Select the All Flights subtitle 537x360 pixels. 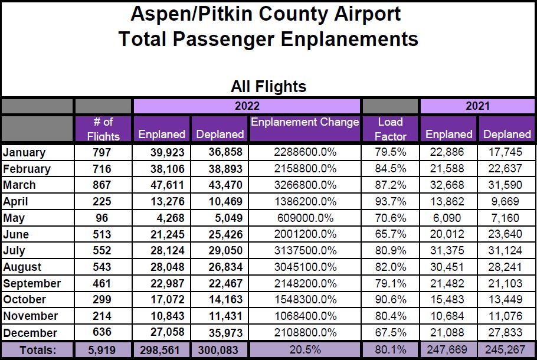[268, 87]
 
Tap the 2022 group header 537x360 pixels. [247, 106]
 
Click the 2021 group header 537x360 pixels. [477, 106]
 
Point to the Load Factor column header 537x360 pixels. [390, 129]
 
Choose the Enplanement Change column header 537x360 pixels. [304, 122]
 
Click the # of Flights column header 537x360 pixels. [103, 129]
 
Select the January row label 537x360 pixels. [24, 152]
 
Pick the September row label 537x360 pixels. [32, 283]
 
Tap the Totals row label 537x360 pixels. [37, 350]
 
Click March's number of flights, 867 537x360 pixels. [103, 185]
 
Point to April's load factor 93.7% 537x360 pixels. [390, 201]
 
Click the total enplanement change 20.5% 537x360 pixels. [304, 350]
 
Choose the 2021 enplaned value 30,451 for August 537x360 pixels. [448, 267]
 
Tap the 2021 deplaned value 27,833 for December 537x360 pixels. [507, 333]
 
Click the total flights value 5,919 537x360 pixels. [103, 350]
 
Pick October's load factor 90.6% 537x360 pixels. [390, 300]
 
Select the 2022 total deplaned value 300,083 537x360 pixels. [218, 350]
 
